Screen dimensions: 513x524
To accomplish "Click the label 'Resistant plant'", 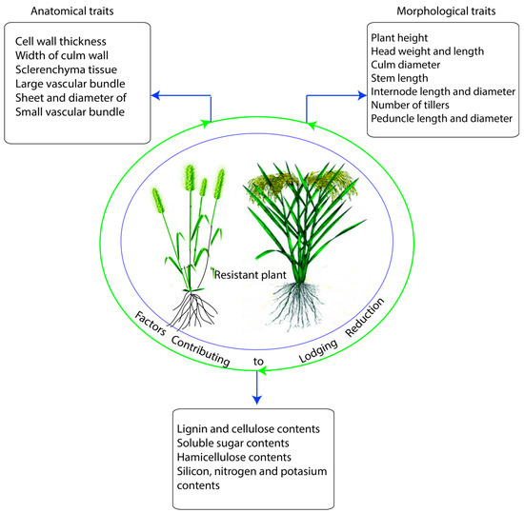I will [253, 273].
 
